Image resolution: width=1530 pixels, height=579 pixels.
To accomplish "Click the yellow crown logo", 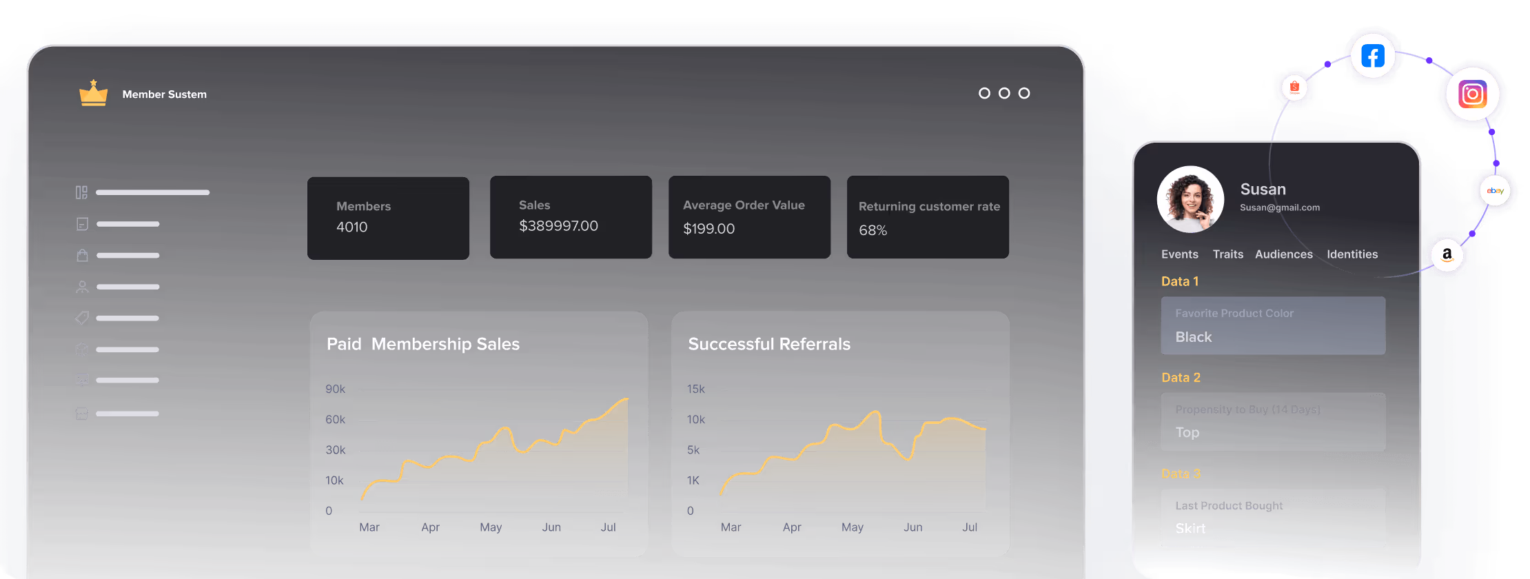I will [x=93, y=93].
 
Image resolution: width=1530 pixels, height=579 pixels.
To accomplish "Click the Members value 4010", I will [x=351, y=227].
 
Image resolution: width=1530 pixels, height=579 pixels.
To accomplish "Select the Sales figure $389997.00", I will [x=558, y=226].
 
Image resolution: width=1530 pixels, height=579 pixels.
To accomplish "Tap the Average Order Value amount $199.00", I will [x=708, y=229].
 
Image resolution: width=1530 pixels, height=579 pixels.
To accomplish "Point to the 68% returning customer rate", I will [x=873, y=230].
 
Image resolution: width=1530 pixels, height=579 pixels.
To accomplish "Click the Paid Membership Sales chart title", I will [x=423, y=344].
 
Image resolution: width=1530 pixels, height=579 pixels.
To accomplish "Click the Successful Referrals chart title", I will [x=769, y=344].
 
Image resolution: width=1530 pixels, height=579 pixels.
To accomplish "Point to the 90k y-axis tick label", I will [x=336, y=389].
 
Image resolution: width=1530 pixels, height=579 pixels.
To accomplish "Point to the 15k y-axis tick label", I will [x=695, y=389].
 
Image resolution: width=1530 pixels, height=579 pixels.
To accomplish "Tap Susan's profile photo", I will [x=1190, y=199].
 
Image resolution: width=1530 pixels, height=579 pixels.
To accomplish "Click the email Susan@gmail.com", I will [x=1280, y=207].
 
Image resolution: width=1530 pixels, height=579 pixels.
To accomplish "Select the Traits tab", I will [x=1228, y=254].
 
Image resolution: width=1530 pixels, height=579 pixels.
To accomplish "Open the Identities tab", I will [x=1352, y=254].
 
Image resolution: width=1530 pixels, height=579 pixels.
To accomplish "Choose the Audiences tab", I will [x=1284, y=254].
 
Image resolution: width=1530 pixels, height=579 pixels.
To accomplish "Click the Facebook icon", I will [x=1372, y=57].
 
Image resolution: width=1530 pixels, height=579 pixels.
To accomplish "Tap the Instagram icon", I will [x=1472, y=94].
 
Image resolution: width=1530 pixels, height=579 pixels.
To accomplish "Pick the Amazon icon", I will [x=1447, y=254].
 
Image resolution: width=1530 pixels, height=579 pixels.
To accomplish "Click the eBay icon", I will [x=1495, y=191].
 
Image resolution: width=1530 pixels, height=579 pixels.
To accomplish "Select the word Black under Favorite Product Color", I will [x=1193, y=337].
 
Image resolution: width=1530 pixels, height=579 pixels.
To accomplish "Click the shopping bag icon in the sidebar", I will [x=82, y=256].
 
